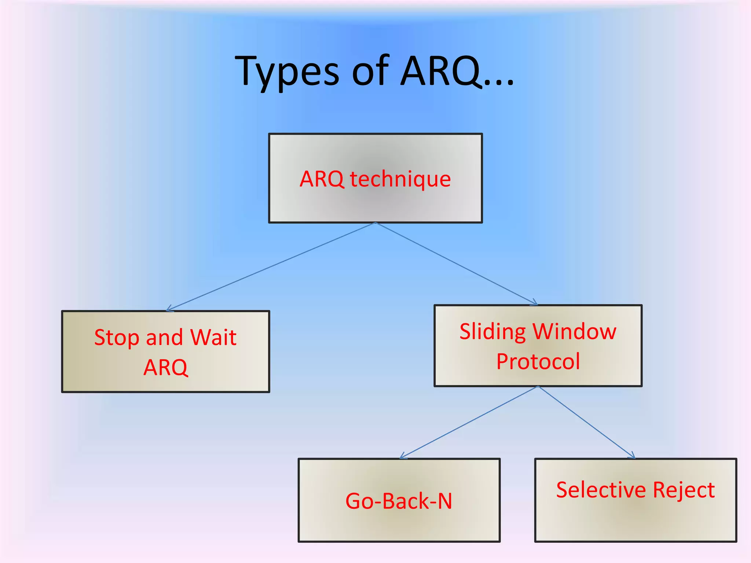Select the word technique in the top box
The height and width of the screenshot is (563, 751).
point(400,179)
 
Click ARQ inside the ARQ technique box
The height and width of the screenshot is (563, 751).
point(322,179)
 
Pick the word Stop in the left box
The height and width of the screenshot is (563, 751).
point(117,338)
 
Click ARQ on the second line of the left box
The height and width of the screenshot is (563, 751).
point(166,367)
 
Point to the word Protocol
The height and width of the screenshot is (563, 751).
point(538,361)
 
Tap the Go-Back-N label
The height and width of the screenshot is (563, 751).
point(399,501)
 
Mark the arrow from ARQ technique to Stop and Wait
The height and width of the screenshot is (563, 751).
point(271,266)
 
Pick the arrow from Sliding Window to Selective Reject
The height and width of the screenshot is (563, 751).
point(586,422)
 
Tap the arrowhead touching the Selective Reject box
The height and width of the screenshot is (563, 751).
point(631,456)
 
